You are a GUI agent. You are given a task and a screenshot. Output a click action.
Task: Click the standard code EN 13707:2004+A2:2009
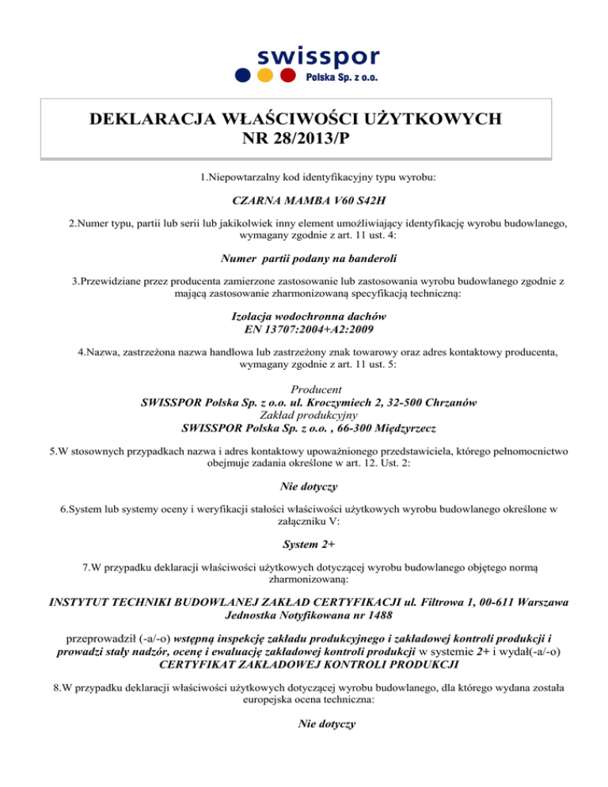click(304, 327)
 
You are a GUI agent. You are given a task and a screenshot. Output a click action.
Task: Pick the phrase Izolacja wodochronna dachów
click(304, 314)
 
